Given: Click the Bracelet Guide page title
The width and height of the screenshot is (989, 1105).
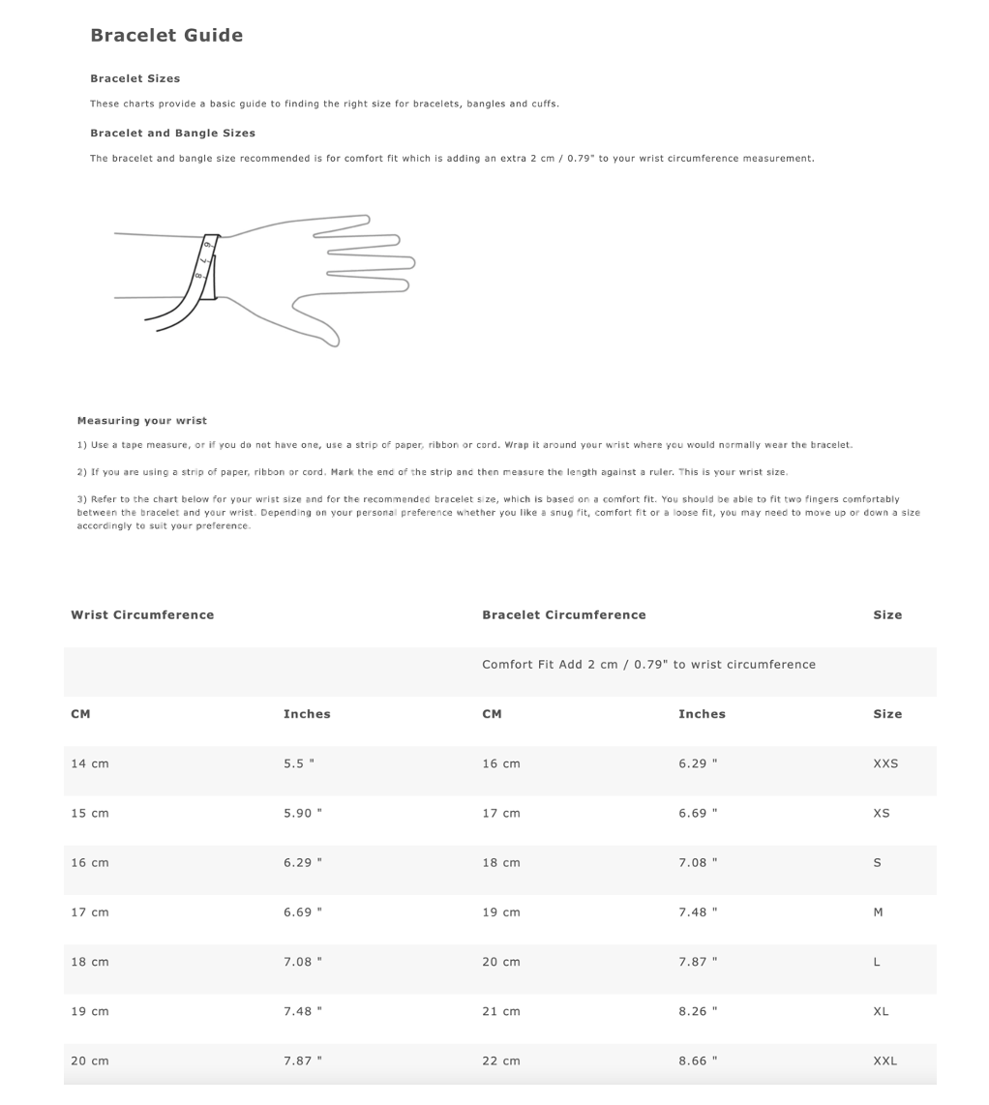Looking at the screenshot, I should point(166,36).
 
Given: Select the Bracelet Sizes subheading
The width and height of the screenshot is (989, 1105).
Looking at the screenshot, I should point(135,78).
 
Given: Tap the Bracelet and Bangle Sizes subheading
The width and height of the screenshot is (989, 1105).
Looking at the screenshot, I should point(172,133).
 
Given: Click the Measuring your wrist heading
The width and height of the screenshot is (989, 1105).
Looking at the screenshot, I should point(141,421).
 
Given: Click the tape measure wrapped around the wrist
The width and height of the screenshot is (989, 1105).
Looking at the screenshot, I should point(206,266).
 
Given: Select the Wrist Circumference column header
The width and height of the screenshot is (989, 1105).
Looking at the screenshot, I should point(142,614).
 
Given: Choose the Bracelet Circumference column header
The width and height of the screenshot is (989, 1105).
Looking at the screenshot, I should point(563,614).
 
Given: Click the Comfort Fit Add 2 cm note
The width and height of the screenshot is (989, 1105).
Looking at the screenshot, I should point(648,665).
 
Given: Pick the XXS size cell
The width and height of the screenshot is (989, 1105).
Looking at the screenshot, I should point(884,763).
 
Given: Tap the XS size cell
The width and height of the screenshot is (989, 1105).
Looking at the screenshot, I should point(881,813).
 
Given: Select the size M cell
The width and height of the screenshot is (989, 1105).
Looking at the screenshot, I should point(878,912).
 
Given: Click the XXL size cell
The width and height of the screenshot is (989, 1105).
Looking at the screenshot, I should point(884,1060).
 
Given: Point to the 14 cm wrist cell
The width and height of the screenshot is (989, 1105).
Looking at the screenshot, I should point(89,763).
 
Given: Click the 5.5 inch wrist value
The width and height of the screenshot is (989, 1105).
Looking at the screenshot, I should point(298,763).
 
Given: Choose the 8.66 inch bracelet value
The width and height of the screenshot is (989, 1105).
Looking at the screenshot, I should point(698,1060).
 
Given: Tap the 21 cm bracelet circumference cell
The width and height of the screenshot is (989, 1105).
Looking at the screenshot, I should point(500,1011).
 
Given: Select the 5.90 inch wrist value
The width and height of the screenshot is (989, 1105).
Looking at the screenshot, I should point(302,813).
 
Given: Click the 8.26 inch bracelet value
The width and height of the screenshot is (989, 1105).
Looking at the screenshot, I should point(698,1011).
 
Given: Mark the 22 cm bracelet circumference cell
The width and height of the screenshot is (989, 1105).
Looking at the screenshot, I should point(500,1060).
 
